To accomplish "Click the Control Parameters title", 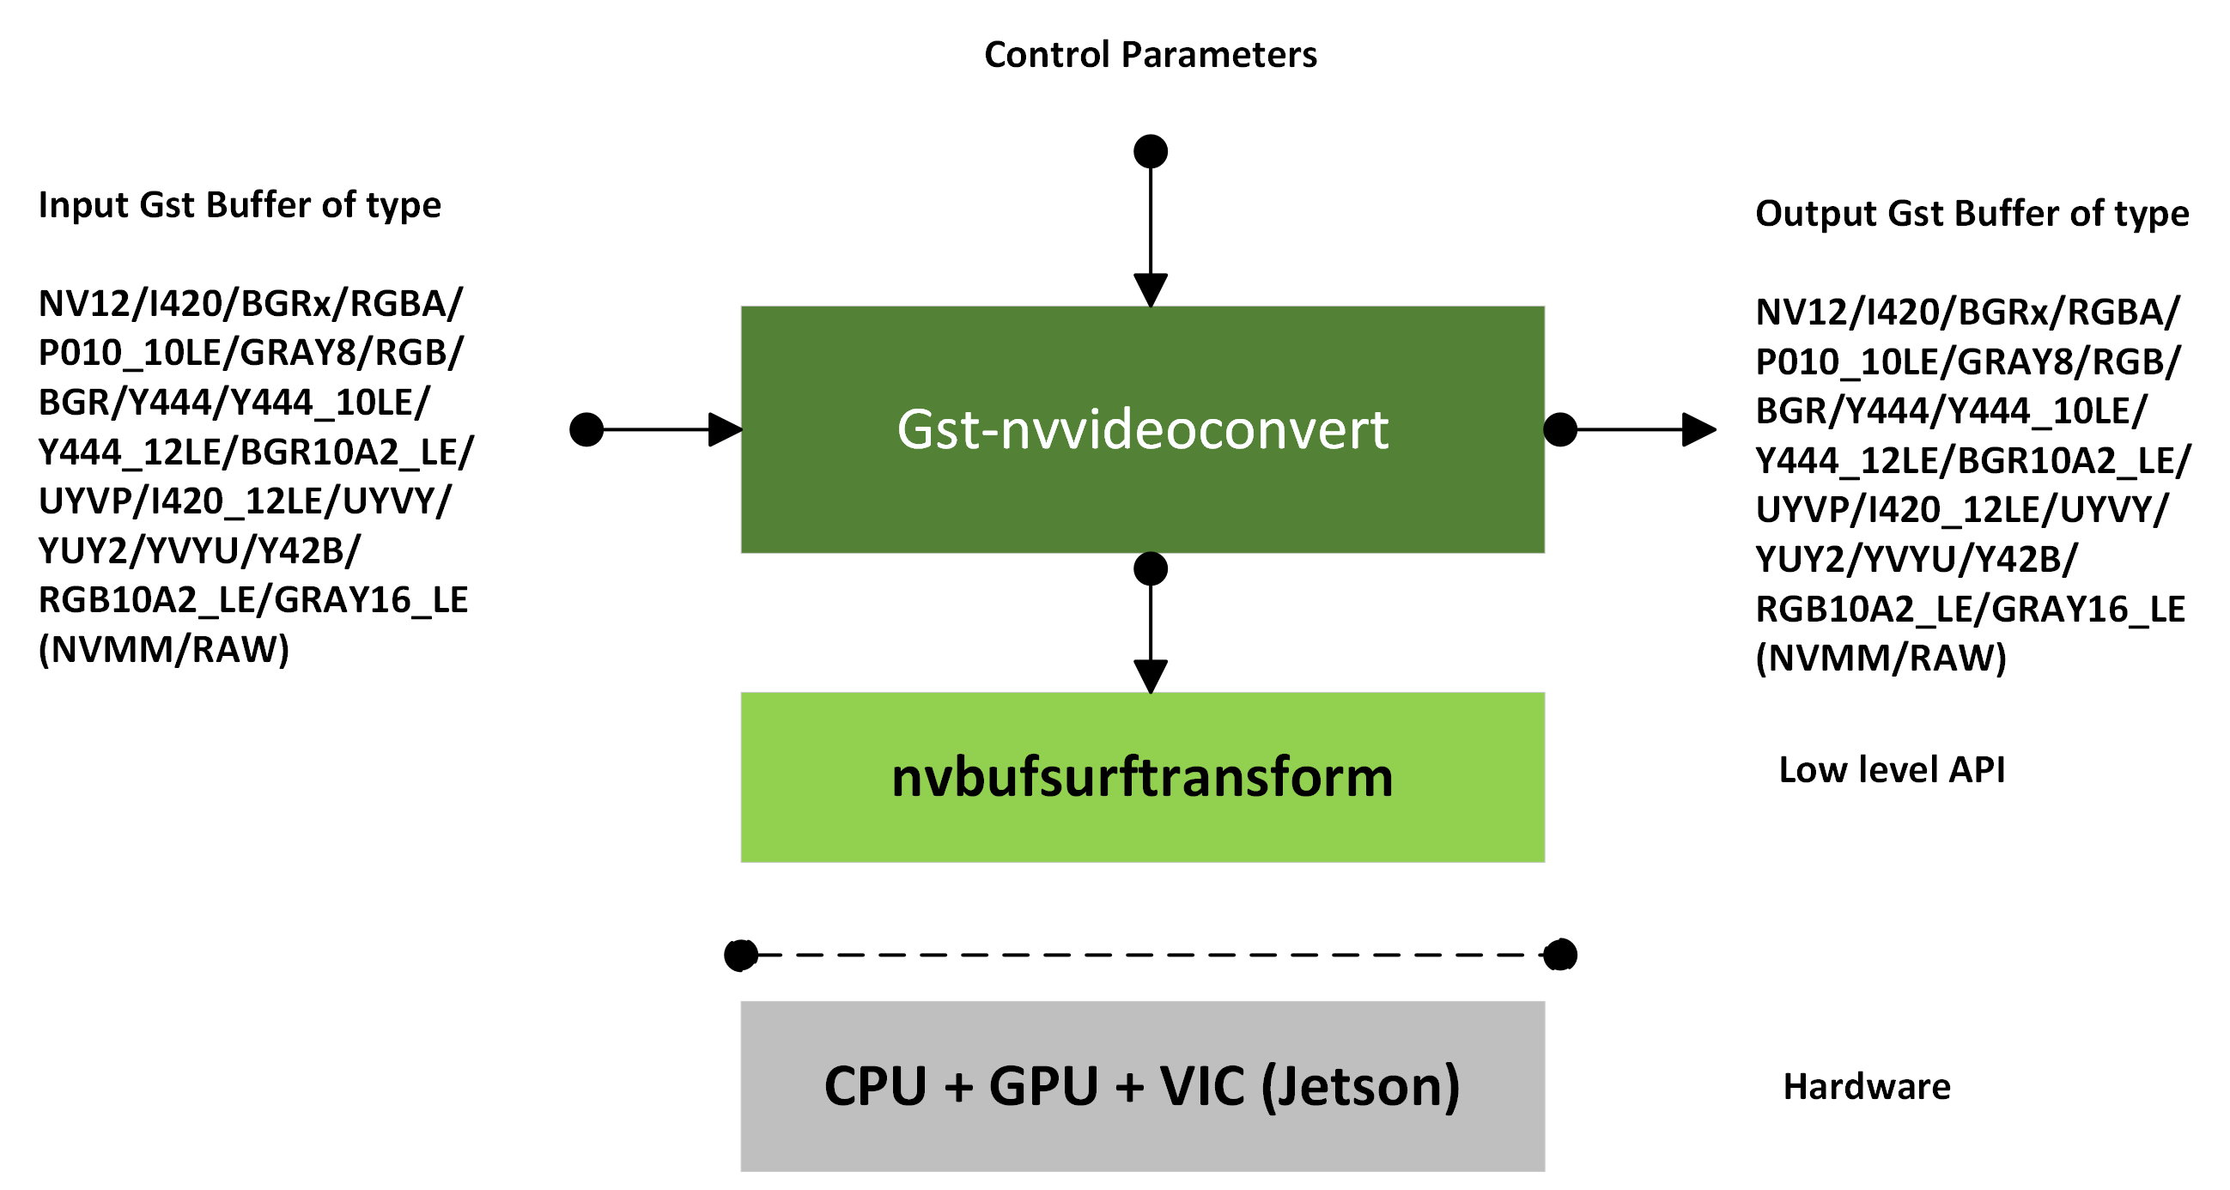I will (x=1150, y=55).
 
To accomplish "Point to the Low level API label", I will (x=1891, y=769).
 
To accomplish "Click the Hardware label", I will (x=1867, y=1086).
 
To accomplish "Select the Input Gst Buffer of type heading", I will (x=240, y=205).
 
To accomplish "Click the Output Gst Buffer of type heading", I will (x=1972, y=213).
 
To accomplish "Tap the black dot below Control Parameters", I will (x=1150, y=151).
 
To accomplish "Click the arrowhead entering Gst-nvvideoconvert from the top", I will (x=1150, y=289).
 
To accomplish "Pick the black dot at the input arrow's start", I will (x=586, y=429).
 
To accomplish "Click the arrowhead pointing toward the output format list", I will (x=1698, y=429).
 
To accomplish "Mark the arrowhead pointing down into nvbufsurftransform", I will (x=1150, y=675).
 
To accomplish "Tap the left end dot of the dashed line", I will (x=741, y=955).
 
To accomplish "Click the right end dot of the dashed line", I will (x=1559, y=955).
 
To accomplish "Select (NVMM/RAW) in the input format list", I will (x=164, y=649).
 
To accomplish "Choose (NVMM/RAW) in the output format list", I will (x=1881, y=658).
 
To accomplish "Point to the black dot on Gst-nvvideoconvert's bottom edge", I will (x=1150, y=568).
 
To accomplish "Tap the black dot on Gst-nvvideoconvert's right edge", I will (x=1559, y=429).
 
